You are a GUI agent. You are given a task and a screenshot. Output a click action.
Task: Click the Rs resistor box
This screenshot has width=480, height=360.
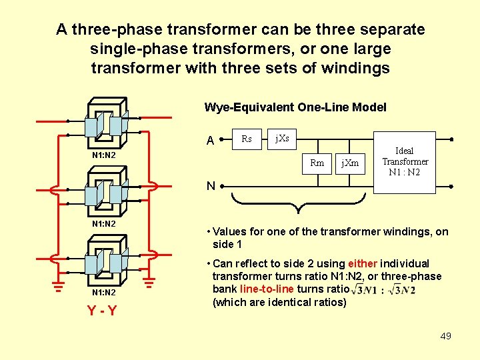(x=246, y=139)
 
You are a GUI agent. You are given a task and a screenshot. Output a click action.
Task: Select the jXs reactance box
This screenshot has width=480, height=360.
(x=282, y=139)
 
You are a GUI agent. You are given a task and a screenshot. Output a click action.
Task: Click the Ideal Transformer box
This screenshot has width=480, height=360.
(x=405, y=162)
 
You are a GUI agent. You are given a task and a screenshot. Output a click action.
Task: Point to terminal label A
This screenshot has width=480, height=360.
(x=210, y=141)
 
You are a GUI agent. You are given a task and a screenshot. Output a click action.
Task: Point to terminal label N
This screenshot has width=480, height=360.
(x=210, y=186)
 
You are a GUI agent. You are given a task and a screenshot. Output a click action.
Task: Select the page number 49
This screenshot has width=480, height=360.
(x=446, y=336)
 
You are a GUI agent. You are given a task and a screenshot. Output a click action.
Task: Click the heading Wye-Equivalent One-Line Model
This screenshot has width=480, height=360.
(x=295, y=107)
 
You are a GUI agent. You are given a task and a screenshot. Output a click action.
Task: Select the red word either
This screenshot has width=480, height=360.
(x=362, y=264)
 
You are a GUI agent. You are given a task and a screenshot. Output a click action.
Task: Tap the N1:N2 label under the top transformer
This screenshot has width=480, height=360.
(x=103, y=155)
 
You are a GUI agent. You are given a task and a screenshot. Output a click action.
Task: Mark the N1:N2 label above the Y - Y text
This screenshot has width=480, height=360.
(x=103, y=293)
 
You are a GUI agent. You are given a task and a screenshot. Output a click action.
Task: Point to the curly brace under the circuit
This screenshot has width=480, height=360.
(x=299, y=200)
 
